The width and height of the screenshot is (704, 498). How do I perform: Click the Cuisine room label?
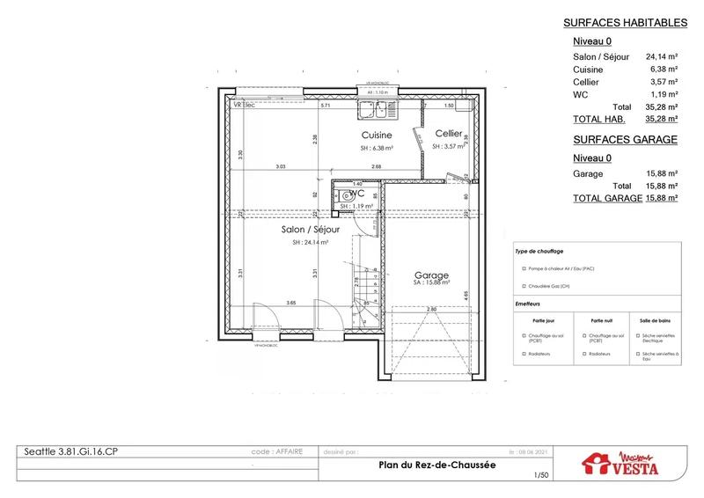[376, 135]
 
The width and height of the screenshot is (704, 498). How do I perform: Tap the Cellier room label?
[450, 134]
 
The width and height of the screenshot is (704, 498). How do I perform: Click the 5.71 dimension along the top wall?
[325, 106]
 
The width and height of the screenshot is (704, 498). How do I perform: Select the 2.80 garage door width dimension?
[431, 310]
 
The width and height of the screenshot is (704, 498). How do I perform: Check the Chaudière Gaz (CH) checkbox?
[523, 286]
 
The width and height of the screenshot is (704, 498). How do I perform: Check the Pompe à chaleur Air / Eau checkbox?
[523, 269]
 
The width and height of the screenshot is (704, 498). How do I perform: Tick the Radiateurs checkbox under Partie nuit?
[582, 353]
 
